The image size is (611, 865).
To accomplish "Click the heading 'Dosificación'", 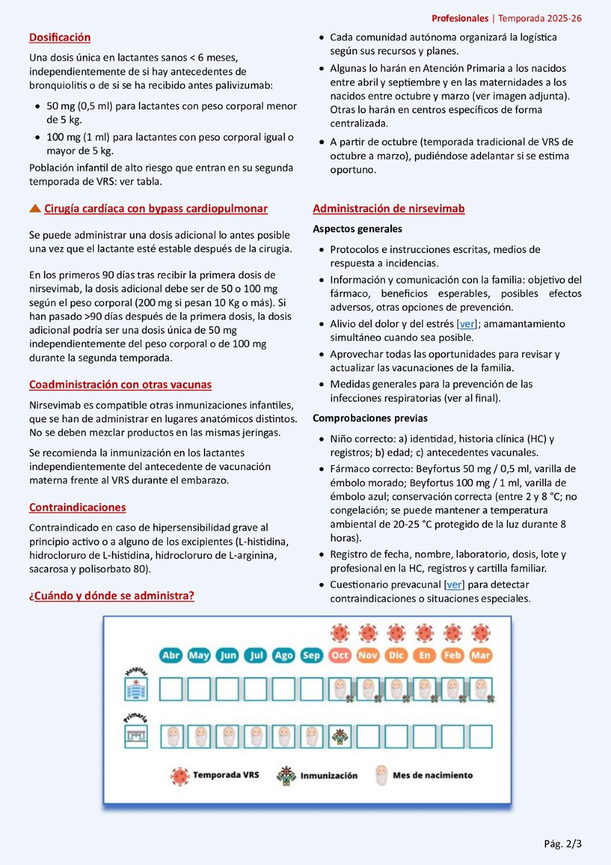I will click(60, 37).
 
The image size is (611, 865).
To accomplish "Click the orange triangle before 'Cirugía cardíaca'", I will click(35, 209).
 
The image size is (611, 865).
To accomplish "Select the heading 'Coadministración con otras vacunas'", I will click(120, 385).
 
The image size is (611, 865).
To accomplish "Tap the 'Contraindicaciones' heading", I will click(77, 507).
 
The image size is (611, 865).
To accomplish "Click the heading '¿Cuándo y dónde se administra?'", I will click(111, 596).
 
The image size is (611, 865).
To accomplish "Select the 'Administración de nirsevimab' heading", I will click(388, 209).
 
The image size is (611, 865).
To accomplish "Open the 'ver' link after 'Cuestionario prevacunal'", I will click(454, 585).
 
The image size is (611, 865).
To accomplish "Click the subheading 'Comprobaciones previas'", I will click(370, 419).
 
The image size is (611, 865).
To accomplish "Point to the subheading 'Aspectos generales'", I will click(357, 229).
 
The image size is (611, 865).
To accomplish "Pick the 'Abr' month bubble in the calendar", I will click(171, 656).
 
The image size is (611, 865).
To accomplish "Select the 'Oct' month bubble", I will click(339, 656).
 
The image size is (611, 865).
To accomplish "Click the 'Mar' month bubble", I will click(481, 656).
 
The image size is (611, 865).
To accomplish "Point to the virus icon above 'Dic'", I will click(396, 633).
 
